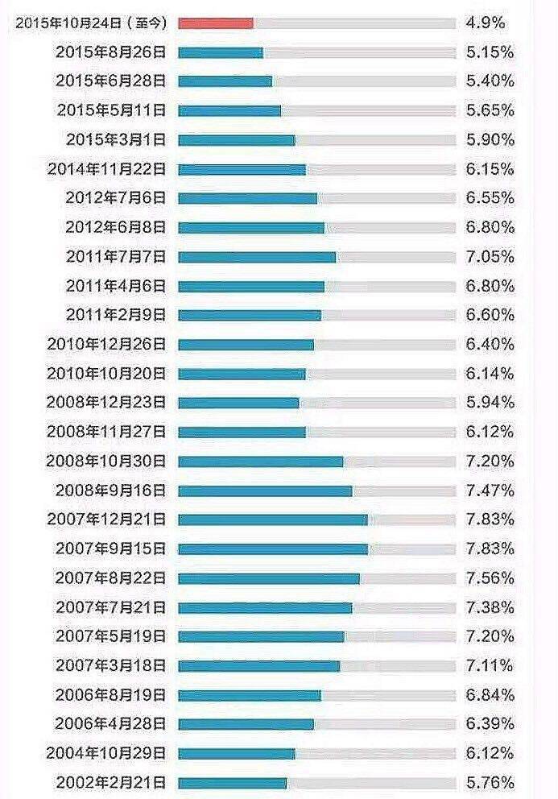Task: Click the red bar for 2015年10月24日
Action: tap(216, 23)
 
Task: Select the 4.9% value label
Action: tap(485, 23)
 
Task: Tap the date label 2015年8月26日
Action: tap(111, 52)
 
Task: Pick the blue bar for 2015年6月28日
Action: tap(225, 81)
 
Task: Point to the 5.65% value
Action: tap(490, 110)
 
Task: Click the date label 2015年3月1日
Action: tap(116, 140)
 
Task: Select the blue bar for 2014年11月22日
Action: tap(242, 169)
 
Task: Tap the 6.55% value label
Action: tap(490, 198)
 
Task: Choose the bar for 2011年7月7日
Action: tap(257, 257)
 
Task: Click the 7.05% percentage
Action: tap(490, 257)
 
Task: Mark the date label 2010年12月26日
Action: tap(106, 344)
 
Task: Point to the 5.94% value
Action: tap(490, 403)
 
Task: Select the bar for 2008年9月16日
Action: tap(265, 491)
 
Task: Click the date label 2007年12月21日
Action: tap(106, 520)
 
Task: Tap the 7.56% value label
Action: tap(490, 578)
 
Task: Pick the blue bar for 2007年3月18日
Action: tap(258, 665)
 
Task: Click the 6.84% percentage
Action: tap(490, 694)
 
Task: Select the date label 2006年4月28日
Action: tap(111, 723)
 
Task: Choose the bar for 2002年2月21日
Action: tap(232, 782)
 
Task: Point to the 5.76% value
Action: tap(490, 782)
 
